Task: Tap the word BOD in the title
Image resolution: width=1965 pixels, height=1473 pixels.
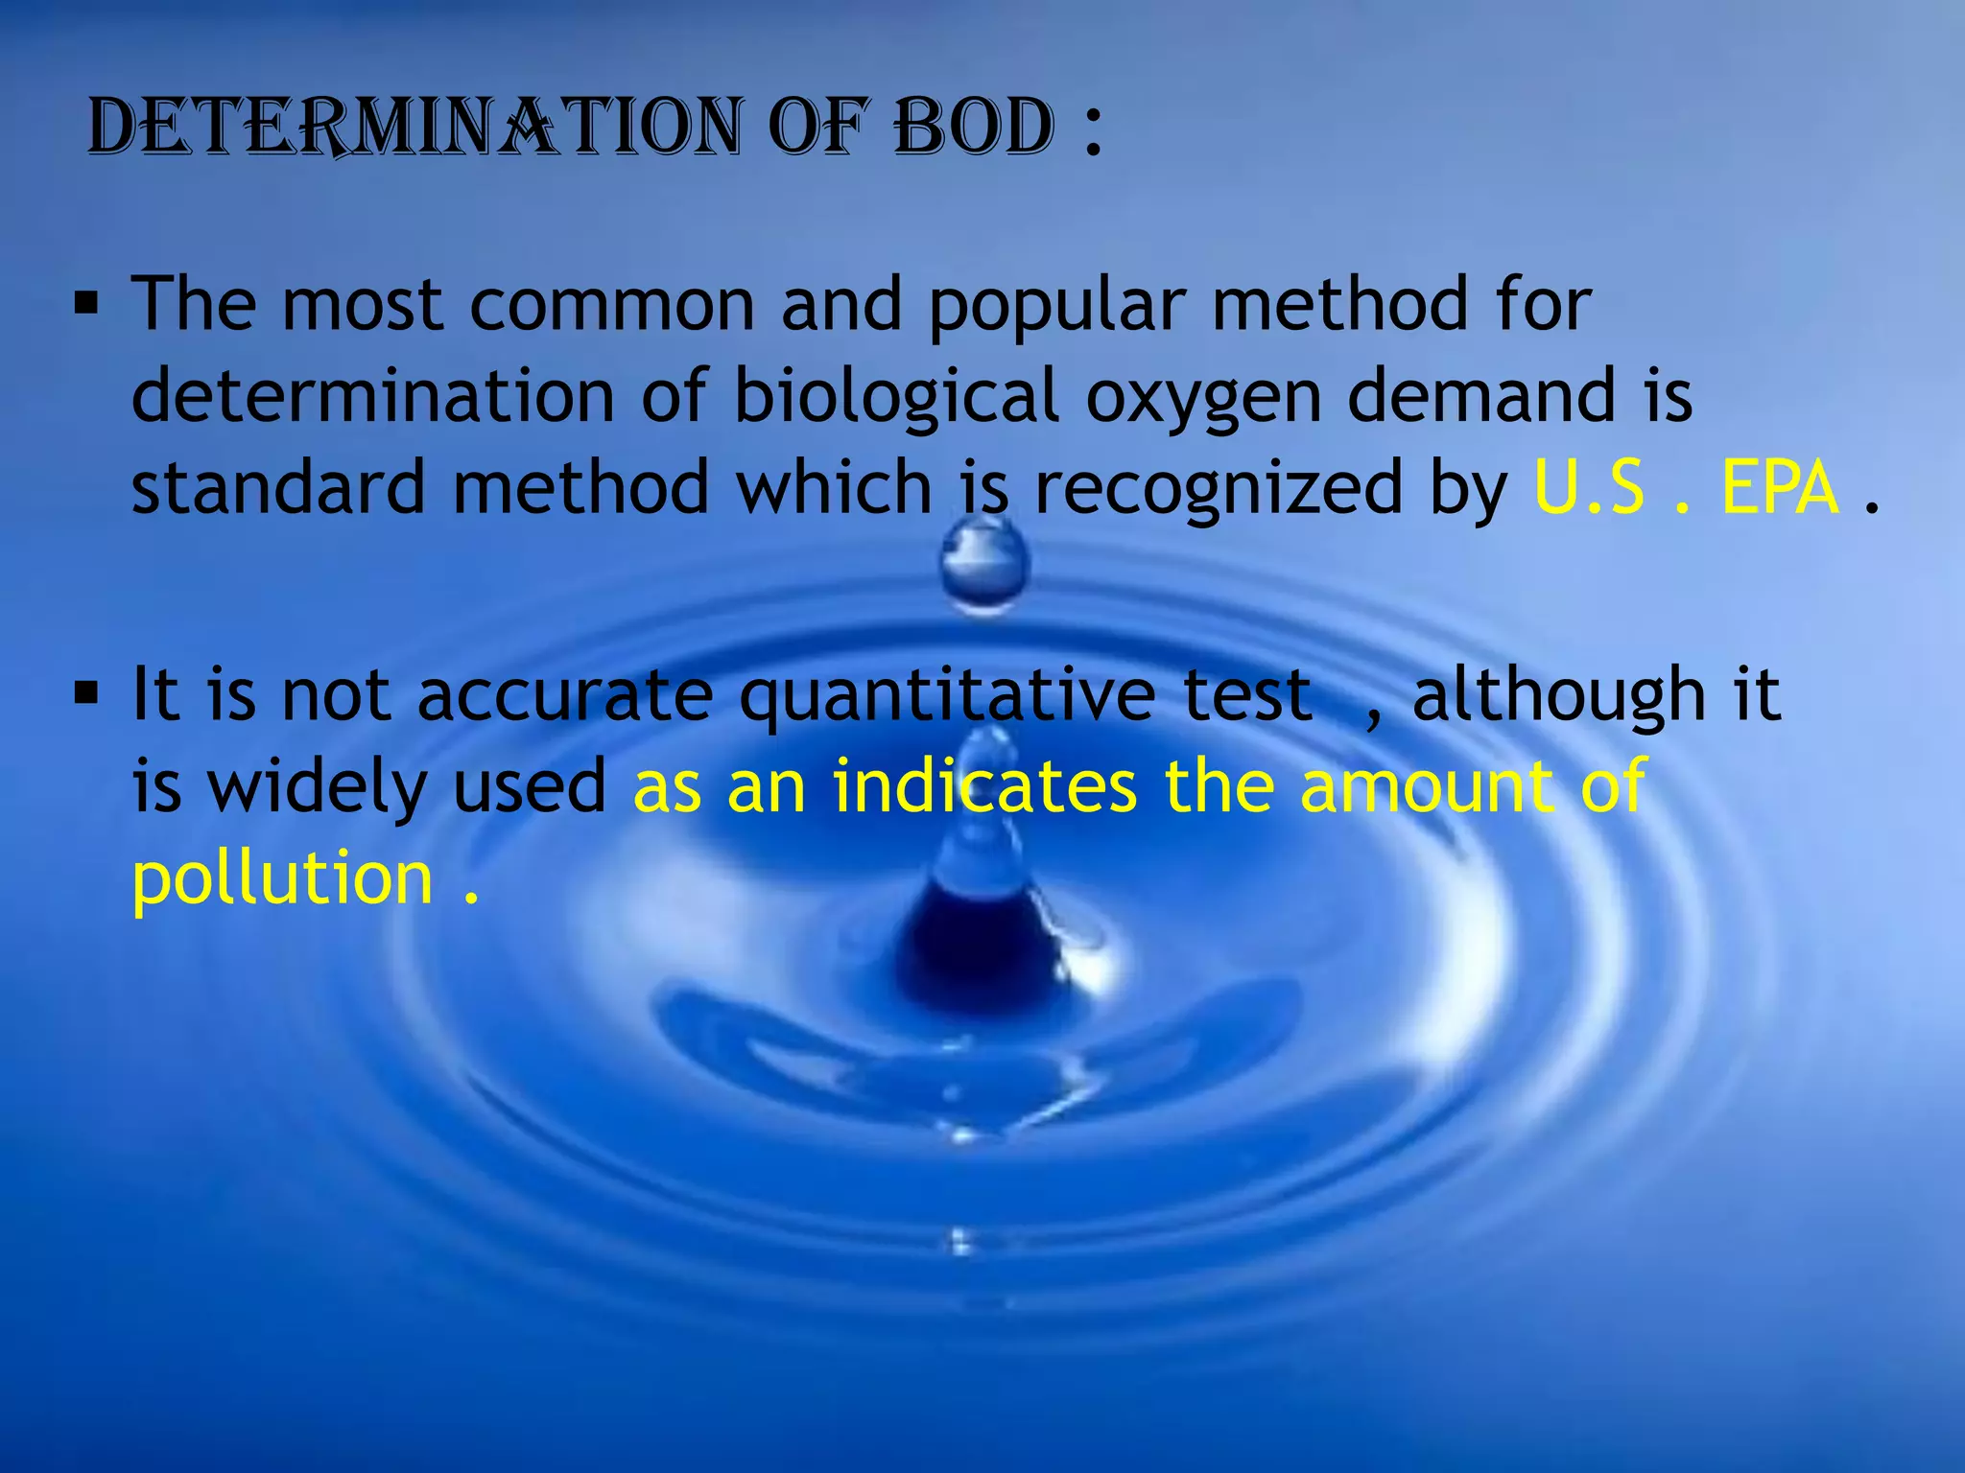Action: [975, 127]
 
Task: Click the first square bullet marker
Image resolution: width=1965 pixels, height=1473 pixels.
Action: [86, 305]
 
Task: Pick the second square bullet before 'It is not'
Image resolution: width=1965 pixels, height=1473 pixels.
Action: [86, 692]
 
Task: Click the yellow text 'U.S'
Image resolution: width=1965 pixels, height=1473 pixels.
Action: [1589, 487]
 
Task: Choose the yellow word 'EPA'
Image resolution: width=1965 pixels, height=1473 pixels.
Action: [1780, 487]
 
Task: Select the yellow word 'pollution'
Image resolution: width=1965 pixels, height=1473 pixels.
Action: [283, 880]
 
